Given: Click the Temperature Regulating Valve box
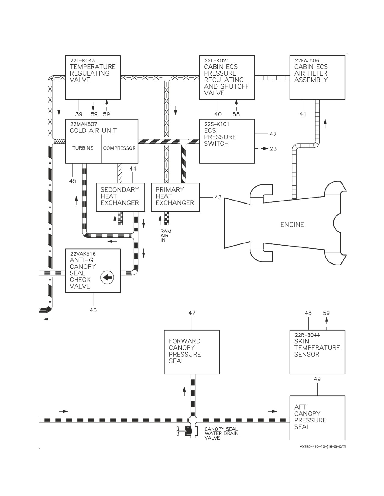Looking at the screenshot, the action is (93, 77).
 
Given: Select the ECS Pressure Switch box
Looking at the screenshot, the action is (227, 141).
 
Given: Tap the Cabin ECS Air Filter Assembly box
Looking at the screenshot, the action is (317, 77).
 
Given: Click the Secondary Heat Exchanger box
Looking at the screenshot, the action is (120, 197).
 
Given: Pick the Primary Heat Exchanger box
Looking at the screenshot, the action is (175, 197).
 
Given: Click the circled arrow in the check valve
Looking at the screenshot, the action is (107, 277).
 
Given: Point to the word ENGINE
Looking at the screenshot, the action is (292, 225).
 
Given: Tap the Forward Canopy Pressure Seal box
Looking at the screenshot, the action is (192, 352).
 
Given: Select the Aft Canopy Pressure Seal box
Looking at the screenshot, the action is (317, 418).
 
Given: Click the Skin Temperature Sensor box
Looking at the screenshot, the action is (317, 352).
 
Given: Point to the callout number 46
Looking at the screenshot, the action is (93, 310).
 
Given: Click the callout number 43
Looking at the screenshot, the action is (218, 197).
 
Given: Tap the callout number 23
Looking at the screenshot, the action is (273, 149).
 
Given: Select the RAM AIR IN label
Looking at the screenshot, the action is (166, 236).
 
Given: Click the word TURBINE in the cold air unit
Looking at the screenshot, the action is (83, 148).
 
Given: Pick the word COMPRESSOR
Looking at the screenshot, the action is (119, 148).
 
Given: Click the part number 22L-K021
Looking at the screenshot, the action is (217, 60).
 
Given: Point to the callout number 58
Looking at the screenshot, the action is (236, 114).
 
